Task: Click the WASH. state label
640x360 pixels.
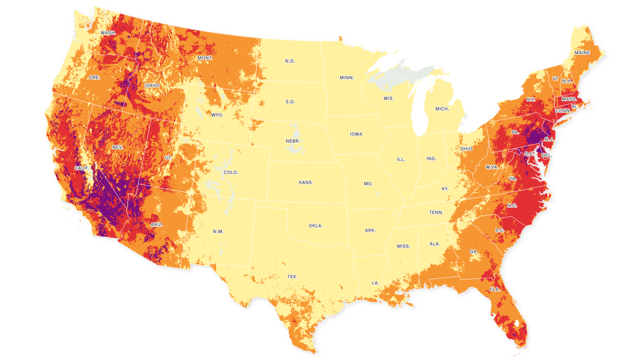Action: (x=108, y=33)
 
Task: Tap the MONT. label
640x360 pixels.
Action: (x=205, y=58)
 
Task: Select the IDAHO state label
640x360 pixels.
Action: (x=152, y=85)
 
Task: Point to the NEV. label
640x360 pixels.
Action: (x=118, y=147)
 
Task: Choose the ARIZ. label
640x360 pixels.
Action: (x=156, y=225)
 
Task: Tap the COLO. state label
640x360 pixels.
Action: (x=231, y=172)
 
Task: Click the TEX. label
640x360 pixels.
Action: (x=292, y=277)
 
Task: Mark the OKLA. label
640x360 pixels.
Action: (x=315, y=225)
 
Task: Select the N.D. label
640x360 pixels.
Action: (x=290, y=61)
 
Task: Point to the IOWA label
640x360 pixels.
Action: (x=356, y=134)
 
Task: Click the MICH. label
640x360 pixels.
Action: (x=442, y=109)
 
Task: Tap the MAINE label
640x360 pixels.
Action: (x=582, y=52)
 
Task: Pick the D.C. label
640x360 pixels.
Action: (x=529, y=153)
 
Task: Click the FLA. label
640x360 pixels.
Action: (x=495, y=289)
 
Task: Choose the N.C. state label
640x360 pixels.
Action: (x=512, y=206)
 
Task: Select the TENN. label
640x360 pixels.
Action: (x=436, y=212)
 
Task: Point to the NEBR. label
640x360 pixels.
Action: (x=293, y=141)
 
